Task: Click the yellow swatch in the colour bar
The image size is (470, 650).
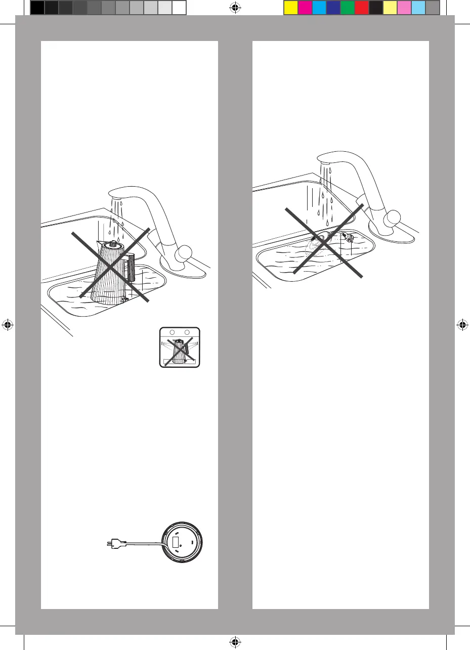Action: click(x=290, y=7)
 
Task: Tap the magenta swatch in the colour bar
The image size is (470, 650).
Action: click(x=305, y=7)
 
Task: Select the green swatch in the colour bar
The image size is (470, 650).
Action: click(x=347, y=7)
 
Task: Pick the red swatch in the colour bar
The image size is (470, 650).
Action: click(x=361, y=7)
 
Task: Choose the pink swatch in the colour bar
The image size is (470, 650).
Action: click(x=404, y=7)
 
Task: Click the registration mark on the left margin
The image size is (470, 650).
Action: click(x=7, y=325)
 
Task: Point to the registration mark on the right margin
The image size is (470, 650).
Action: click(x=462, y=325)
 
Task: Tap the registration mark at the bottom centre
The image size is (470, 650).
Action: click(x=235, y=642)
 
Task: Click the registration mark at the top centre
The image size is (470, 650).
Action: click(x=235, y=8)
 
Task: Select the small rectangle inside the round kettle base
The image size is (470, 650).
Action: click(x=177, y=542)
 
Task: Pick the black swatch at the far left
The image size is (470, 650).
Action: click(x=37, y=7)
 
